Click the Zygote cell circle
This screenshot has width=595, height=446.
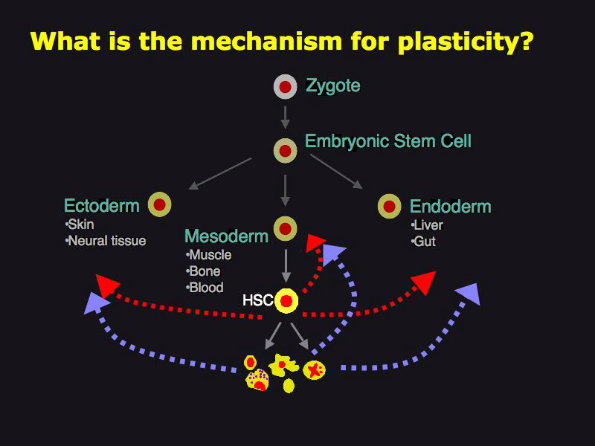pos(285,87)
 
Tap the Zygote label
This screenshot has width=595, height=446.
pos(333,86)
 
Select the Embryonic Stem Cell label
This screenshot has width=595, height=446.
pos(387,141)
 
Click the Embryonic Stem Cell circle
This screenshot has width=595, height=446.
pos(285,152)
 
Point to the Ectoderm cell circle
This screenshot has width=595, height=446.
pos(159,204)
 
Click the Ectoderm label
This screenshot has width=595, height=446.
pos(102,206)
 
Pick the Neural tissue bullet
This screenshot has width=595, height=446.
pos(106,241)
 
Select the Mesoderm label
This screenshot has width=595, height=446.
pos(226,237)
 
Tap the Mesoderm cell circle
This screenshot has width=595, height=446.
pos(285,228)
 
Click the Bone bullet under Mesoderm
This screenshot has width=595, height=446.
pos(205,271)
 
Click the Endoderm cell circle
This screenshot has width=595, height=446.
pos(389,206)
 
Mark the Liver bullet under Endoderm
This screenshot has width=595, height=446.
pos(425,225)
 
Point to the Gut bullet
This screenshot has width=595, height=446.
pos(423,242)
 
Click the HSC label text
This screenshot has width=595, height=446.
pos(258,301)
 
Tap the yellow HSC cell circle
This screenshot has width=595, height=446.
pos(286,301)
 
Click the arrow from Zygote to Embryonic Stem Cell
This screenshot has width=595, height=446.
pos(285,117)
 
